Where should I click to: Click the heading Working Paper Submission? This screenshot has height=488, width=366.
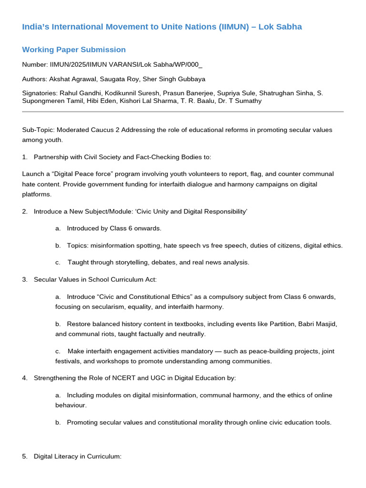click(74, 50)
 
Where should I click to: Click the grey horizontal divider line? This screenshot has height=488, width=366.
click(183, 112)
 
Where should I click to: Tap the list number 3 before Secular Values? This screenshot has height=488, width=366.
click(24, 279)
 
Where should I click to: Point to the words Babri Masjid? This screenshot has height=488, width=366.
click(317, 324)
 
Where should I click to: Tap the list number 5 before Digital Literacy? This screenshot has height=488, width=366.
click(24, 456)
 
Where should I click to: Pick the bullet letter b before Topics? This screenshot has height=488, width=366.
click(58, 245)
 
